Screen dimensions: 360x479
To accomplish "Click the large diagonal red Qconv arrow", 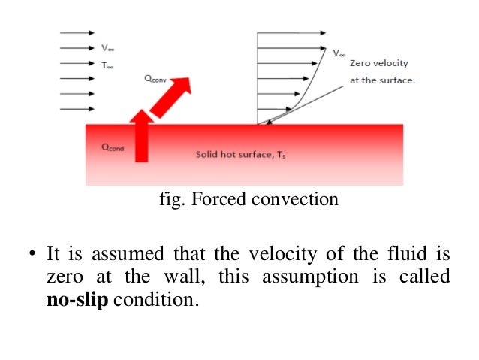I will [x=172, y=97].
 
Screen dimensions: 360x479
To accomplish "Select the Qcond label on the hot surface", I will [x=113, y=147].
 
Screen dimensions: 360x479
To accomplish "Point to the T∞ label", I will [x=108, y=65].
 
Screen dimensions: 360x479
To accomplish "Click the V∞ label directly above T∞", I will [x=108, y=48].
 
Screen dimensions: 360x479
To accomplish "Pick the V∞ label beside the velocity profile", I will [x=339, y=53].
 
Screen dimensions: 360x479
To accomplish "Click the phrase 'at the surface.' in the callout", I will [x=382, y=80].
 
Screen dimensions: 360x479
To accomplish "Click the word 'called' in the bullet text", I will [x=428, y=276].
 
